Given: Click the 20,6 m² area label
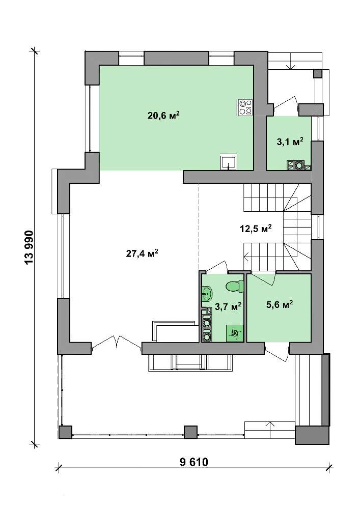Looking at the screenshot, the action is pos(163,115).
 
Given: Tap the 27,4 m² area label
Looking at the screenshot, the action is pos(142,253).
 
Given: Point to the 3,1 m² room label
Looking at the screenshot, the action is pos(290,142).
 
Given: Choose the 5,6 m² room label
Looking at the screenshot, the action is pos(280,305).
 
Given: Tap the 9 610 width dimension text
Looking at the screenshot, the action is pos(194,462).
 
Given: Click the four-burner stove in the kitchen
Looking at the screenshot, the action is pos(245,107).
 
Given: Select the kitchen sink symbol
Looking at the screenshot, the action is pos(229,162).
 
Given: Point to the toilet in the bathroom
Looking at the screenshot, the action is pos(234,286).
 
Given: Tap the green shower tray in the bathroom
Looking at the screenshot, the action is pos(234,333).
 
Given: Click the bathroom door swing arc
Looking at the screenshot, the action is pos(217,265).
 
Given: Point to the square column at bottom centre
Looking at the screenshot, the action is pos(190,432).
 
